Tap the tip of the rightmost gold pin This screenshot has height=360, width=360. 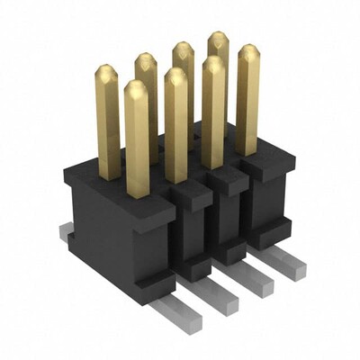pyautogui.click(x=247, y=52)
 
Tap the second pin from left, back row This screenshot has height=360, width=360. pyautogui.click(x=147, y=90)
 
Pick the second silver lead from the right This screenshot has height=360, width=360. pyautogui.click(x=256, y=281)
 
